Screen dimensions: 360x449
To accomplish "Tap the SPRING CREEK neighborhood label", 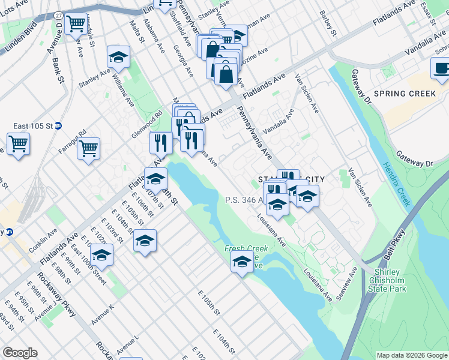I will (404, 94).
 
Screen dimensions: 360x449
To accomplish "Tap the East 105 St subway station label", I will (34, 126).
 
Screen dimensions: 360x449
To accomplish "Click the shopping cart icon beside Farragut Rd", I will (88, 148).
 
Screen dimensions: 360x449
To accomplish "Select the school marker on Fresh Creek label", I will (242, 262).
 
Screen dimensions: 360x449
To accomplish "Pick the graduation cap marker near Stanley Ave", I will (118, 58).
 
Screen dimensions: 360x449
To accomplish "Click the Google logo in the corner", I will (20, 353).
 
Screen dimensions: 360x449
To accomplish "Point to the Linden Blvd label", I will (20, 41).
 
